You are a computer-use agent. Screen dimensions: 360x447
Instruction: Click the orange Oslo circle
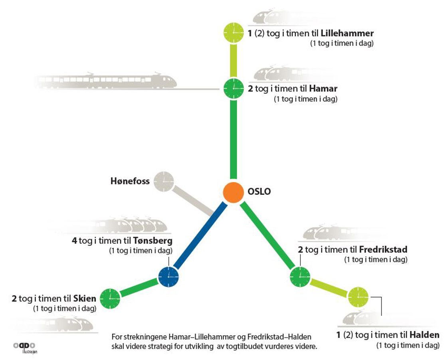click(233, 192)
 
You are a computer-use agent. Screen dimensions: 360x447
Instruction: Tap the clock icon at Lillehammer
click(233, 32)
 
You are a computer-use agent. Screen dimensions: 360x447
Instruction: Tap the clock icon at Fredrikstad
click(299, 276)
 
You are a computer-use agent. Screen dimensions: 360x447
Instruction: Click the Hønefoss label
click(130, 182)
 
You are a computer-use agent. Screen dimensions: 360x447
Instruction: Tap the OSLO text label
click(259, 192)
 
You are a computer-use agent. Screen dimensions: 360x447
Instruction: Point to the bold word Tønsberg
click(153, 241)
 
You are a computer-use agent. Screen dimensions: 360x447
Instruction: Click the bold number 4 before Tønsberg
click(74, 241)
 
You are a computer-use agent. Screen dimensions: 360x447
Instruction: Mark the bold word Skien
click(85, 298)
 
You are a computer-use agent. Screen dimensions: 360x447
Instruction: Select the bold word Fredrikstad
click(383, 250)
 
